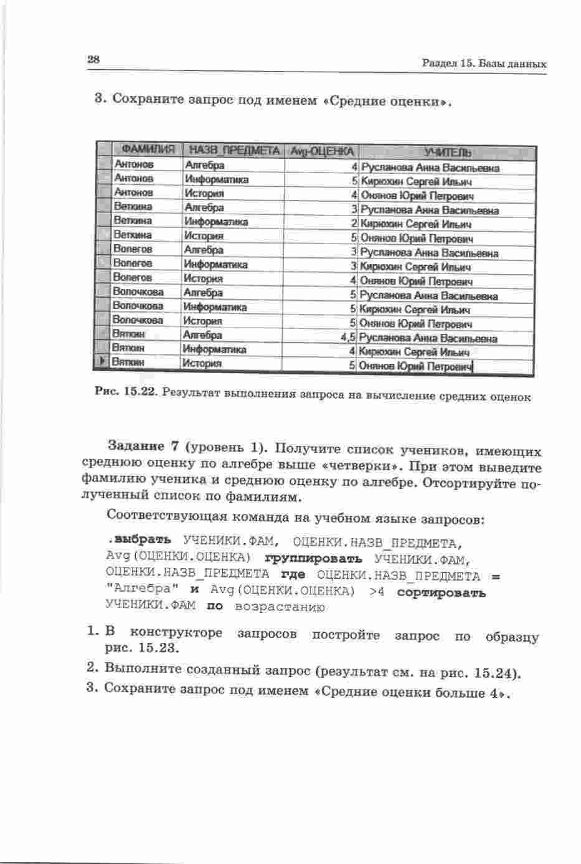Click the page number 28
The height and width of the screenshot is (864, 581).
click(x=93, y=60)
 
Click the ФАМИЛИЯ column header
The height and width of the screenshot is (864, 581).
click(x=148, y=150)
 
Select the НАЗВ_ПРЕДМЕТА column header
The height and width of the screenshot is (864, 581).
click(x=234, y=151)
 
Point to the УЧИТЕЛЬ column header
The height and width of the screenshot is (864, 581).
click(x=447, y=152)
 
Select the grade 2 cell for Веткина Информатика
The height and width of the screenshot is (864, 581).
click(x=354, y=224)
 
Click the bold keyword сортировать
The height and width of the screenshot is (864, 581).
click(x=441, y=592)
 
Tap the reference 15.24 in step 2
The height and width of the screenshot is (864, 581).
click(x=495, y=673)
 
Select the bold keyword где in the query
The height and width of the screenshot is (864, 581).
click(x=293, y=574)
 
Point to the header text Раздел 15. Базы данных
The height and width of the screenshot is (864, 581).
click(x=484, y=64)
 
